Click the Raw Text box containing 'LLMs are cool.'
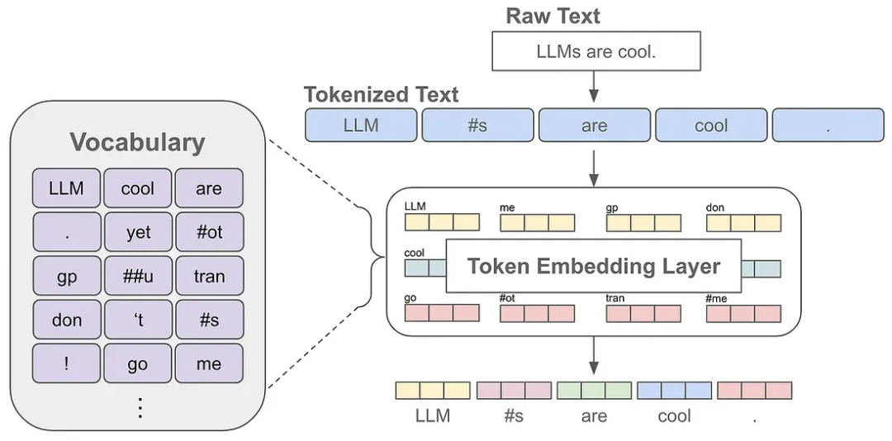click(x=595, y=52)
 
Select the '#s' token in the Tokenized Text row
click(x=477, y=126)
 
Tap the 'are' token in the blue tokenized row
click(x=594, y=126)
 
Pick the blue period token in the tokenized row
click(x=828, y=126)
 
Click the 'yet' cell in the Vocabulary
click(x=138, y=232)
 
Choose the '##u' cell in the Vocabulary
click(x=138, y=276)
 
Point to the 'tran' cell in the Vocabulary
click(x=209, y=276)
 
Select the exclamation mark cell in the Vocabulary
click(x=67, y=363)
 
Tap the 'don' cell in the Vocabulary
click(x=67, y=320)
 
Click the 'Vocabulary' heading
click(x=137, y=142)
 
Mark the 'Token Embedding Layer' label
click(x=594, y=266)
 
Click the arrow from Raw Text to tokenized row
click(x=594, y=88)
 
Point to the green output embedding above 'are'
click(x=594, y=391)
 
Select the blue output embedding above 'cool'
click(x=674, y=391)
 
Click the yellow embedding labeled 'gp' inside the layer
click(x=643, y=222)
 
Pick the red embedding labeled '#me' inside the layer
click(x=743, y=314)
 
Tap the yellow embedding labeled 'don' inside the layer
click(x=743, y=222)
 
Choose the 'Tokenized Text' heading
click(x=381, y=94)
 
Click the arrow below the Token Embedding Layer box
click(x=594, y=354)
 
